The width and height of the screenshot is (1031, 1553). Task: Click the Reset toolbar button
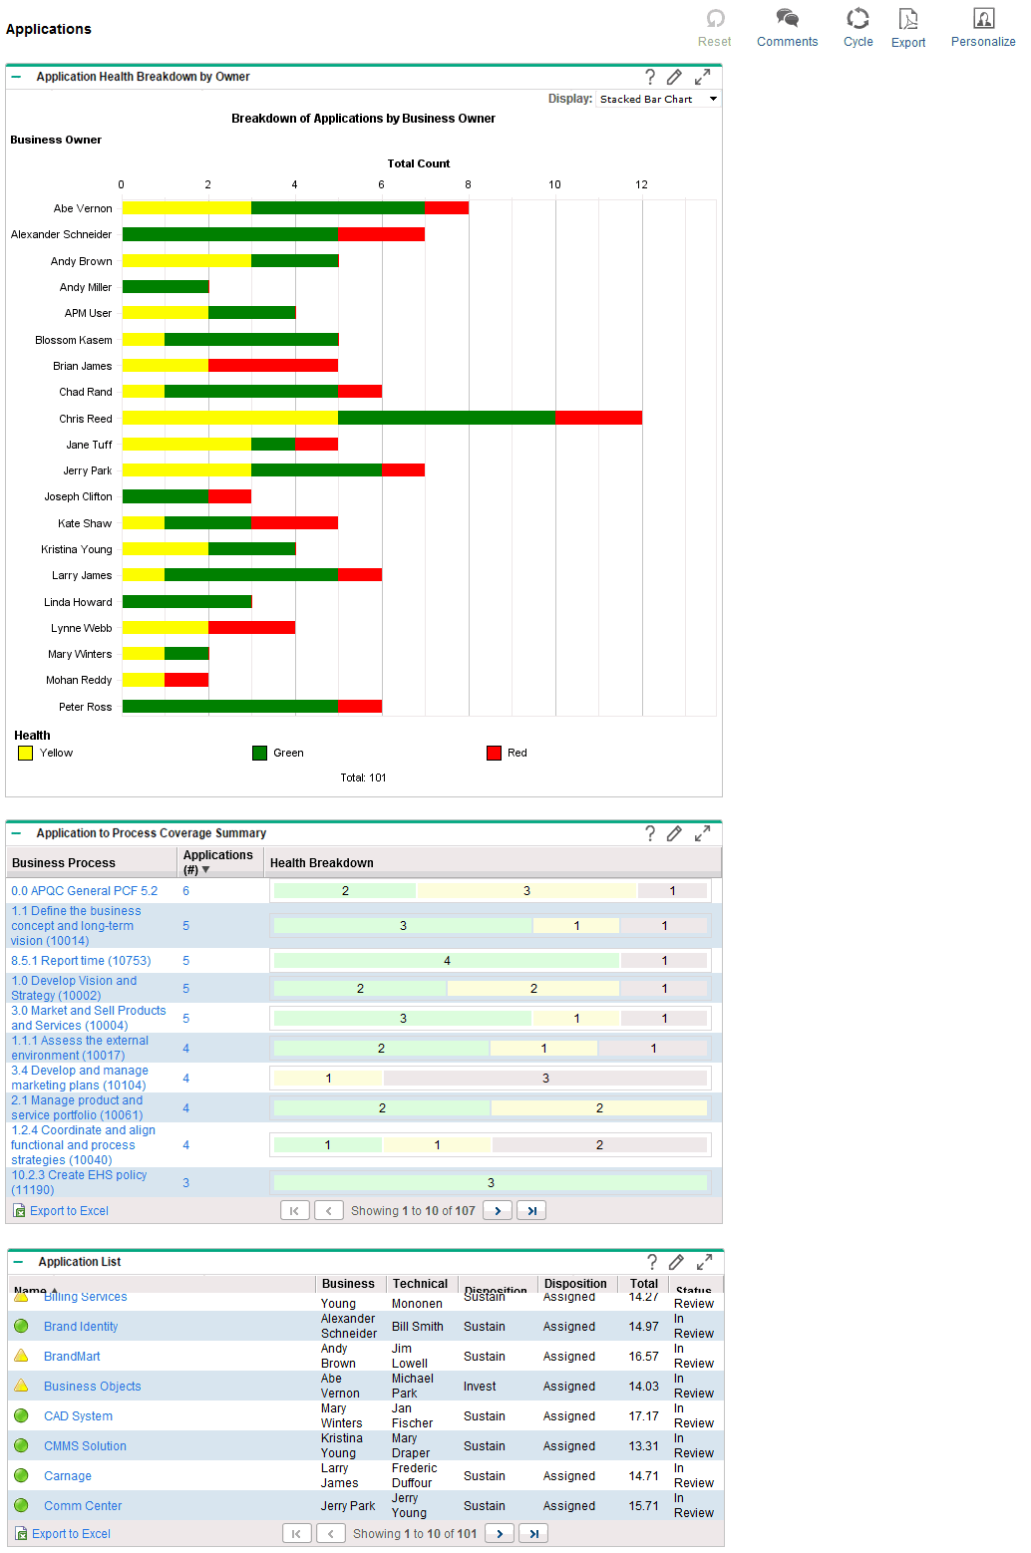click(x=714, y=28)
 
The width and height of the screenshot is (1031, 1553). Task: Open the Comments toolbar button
click(x=787, y=28)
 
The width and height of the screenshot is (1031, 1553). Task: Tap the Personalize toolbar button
click(x=982, y=28)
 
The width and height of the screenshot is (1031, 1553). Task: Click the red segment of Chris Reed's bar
click(x=598, y=418)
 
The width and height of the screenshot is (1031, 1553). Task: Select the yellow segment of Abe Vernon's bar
click(x=186, y=207)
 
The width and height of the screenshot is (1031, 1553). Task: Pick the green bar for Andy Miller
click(x=166, y=287)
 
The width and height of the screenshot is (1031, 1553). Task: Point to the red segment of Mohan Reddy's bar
click(x=186, y=680)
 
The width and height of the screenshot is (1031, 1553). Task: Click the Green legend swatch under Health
click(x=260, y=753)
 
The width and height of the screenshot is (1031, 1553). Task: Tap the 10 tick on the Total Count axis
click(x=554, y=184)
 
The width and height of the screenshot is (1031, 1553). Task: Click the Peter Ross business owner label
click(x=85, y=707)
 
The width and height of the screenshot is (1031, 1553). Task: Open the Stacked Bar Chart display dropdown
click(x=658, y=99)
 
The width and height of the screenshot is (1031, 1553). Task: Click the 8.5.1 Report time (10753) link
click(x=81, y=961)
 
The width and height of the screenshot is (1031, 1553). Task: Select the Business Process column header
click(x=64, y=863)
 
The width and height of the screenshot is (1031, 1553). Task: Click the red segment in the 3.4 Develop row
click(x=545, y=1078)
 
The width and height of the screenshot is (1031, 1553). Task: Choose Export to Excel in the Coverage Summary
click(x=69, y=1211)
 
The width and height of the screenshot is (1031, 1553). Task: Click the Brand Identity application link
click(x=81, y=1327)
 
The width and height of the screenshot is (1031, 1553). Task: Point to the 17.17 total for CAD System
click(x=643, y=1416)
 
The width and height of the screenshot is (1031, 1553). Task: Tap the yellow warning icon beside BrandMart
click(x=21, y=1356)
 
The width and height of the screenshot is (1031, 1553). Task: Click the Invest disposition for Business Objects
click(x=480, y=1387)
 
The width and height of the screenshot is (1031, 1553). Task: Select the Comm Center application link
click(x=83, y=1506)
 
